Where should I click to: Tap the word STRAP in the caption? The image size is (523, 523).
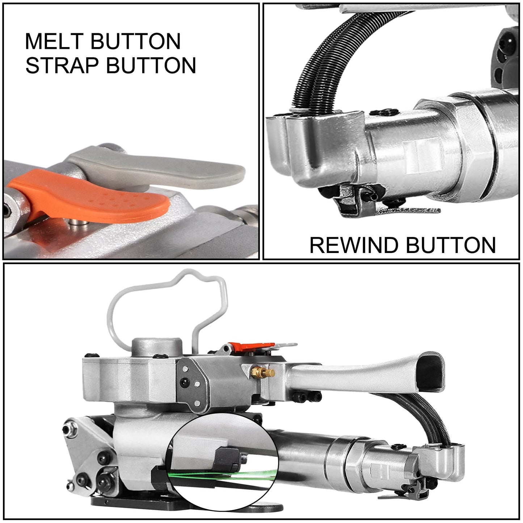pyautogui.click(x=62, y=66)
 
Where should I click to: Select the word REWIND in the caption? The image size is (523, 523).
pyautogui.click(x=355, y=245)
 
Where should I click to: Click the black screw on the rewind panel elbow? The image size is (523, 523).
pyautogui.click(x=385, y=112)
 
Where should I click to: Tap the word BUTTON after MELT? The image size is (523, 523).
pyautogui.click(x=135, y=41)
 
